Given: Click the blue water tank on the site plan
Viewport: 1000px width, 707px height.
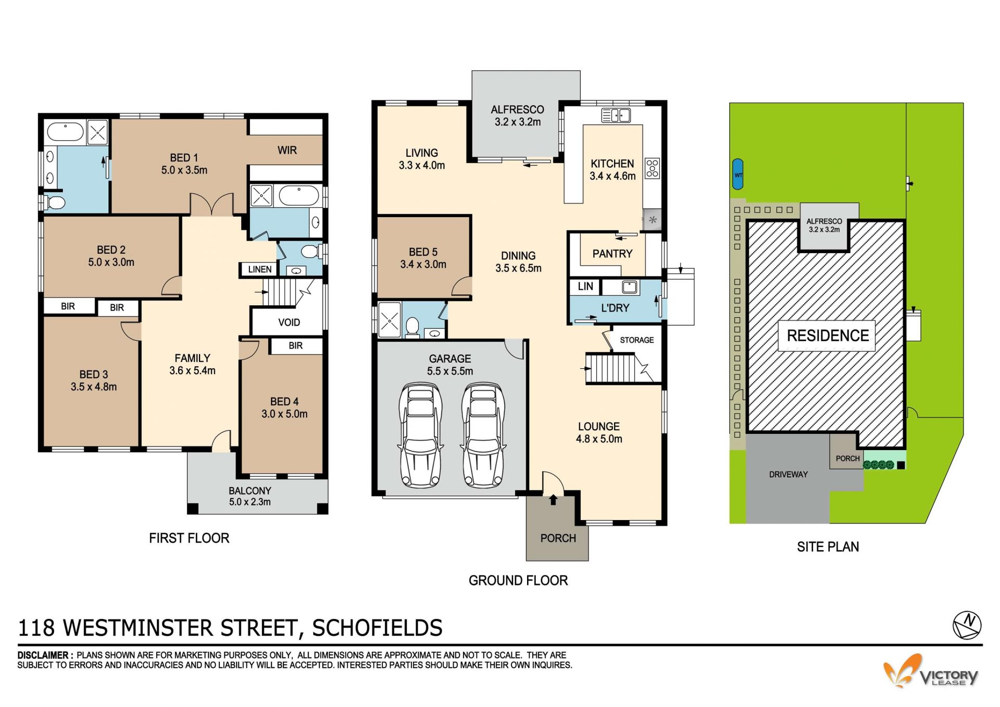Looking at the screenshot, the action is [738, 174].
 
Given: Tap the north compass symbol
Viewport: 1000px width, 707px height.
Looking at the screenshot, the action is [967, 625].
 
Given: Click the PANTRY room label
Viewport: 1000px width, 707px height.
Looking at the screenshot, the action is [612, 254].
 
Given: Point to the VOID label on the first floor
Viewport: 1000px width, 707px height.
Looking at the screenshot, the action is [289, 323].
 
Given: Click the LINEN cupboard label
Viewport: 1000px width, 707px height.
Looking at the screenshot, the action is [260, 269].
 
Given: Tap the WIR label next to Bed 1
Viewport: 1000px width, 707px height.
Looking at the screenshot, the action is [287, 151].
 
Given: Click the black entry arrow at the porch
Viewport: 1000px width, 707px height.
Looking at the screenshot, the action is [553, 500].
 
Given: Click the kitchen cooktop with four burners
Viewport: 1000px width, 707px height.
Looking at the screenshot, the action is [653, 168].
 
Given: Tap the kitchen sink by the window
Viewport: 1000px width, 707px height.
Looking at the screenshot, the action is [616, 115].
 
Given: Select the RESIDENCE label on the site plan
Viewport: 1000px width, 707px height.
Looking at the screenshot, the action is [828, 336].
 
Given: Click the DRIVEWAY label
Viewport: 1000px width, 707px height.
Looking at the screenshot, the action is [789, 475].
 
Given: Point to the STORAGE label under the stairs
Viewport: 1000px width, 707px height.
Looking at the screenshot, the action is [636, 340].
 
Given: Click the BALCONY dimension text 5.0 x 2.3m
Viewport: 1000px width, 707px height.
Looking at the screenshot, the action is [250, 502].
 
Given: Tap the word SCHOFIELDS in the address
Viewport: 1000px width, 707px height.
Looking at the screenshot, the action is [377, 628].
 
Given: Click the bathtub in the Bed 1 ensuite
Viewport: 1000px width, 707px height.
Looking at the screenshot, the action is [65, 132].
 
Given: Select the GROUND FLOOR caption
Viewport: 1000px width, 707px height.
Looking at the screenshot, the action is [518, 580].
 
